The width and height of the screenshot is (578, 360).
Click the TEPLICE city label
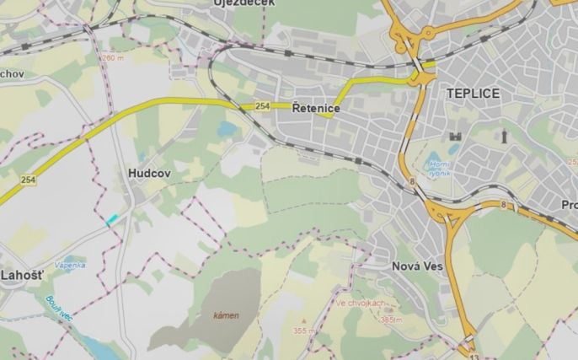pos(473,94)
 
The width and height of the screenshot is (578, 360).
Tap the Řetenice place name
pos(315,109)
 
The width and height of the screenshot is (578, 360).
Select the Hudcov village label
pos(150,172)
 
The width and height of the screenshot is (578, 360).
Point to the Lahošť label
pos(21,276)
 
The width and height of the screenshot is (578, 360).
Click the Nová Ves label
pos(417,266)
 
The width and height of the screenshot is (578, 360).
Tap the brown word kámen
pos(225,315)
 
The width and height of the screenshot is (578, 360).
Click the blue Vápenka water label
pos(70,265)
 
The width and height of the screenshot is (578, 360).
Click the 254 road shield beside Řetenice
pos(262,106)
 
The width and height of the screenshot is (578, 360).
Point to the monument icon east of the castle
pos(504,135)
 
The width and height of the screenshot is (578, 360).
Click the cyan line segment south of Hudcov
pos(112,219)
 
